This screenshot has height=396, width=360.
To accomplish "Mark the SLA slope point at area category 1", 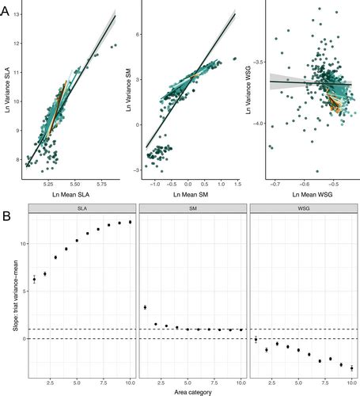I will coord(34,279).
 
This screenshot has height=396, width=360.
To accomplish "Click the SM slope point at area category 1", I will coord(145,307).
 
